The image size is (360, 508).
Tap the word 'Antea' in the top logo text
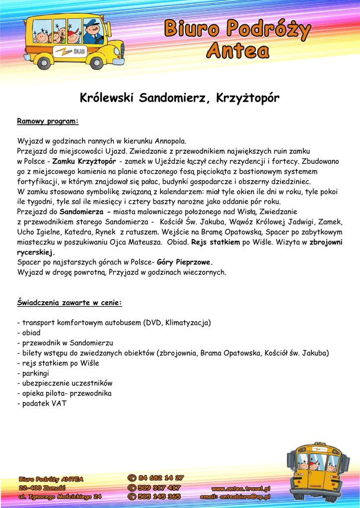coord(238,50)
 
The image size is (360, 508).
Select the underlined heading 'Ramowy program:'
coord(48,121)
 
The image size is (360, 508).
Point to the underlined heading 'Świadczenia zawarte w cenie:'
coord(70,303)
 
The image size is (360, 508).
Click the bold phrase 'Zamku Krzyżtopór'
coord(84,162)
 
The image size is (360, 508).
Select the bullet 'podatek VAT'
coord(44,403)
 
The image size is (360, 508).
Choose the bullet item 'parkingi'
coord(35,373)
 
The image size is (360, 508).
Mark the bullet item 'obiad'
coord(31,333)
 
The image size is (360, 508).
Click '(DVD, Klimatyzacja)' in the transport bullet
coord(177,322)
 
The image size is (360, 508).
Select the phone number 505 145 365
coord(159,496)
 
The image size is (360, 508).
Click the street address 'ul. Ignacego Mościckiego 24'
coord(60,496)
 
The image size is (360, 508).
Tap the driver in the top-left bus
coord(92,33)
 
